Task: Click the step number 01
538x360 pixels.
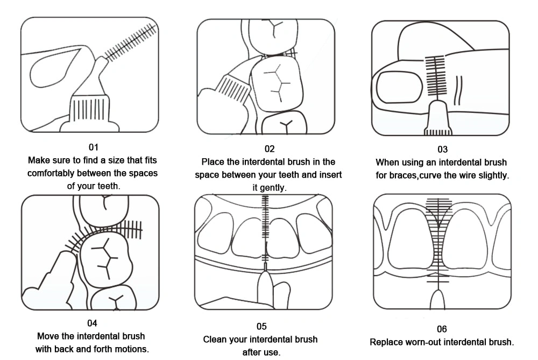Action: coord(93,147)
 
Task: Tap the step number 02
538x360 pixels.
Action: coord(269,149)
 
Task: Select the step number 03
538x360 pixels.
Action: coord(442,149)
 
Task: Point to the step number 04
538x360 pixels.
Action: coord(92,323)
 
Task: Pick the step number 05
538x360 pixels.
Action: coord(261,326)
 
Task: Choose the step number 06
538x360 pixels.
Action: coord(442,329)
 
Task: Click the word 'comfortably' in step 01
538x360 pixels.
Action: coord(52,173)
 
